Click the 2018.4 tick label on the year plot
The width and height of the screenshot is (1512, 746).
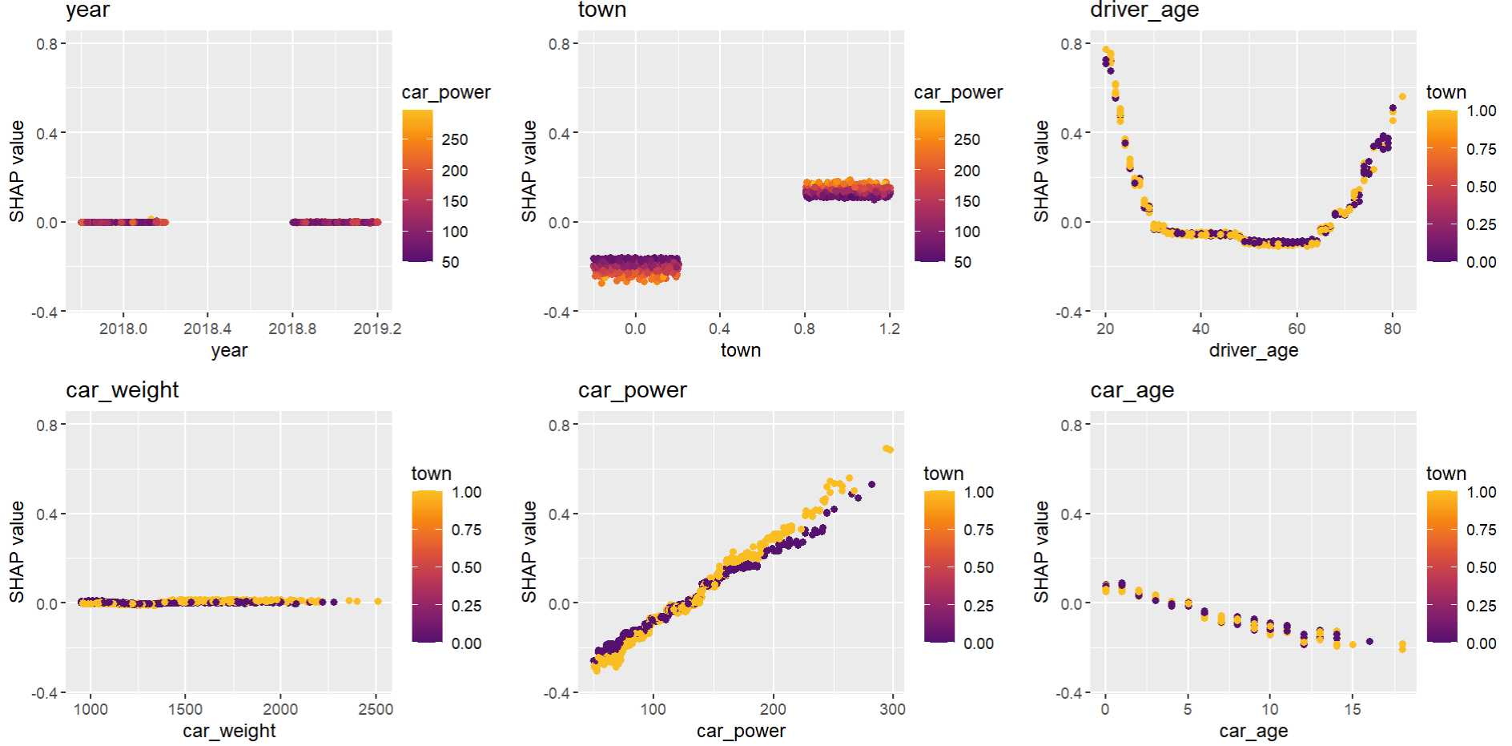pos(207,329)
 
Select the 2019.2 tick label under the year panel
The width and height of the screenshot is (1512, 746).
pos(377,329)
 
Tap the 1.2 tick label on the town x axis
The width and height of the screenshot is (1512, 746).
pos(889,329)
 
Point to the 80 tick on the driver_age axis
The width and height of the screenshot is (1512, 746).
pos(1392,329)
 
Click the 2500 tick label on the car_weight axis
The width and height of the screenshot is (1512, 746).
pos(376,709)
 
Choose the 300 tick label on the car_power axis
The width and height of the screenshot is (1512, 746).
pos(892,709)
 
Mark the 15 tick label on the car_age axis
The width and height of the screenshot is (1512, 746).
pos(1352,709)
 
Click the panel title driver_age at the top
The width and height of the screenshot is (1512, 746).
pos(1144,10)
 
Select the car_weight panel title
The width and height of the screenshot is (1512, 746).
pos(122,390)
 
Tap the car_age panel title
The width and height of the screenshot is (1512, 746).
pos(1132,390)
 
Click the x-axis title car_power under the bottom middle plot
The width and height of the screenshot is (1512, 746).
pos(741,731)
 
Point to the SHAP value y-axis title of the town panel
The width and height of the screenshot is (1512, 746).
pos(529,171)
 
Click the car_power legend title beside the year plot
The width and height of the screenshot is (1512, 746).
pos(446,93)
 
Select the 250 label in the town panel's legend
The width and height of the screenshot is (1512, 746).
pos(967,139)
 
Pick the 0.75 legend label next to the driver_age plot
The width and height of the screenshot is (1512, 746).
pos(1481,149)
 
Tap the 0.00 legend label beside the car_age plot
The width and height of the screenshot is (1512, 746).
pos(1481,643)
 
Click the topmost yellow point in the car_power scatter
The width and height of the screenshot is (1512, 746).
pos(886,449)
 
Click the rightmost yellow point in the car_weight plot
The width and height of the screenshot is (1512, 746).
pos(378,601)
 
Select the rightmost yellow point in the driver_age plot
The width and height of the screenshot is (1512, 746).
pos(1402,97)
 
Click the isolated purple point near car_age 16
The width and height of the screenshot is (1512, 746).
pos(1369,641)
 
